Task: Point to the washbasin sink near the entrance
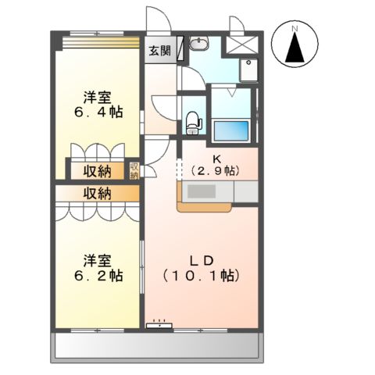[200, 44]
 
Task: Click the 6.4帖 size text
[98, 113]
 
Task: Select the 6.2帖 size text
[98, 276]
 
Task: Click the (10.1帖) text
[201, 276]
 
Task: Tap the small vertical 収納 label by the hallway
[134, 170]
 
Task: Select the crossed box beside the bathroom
[241, 45]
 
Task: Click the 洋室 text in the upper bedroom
[98, 98]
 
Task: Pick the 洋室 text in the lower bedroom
[98, 260]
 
